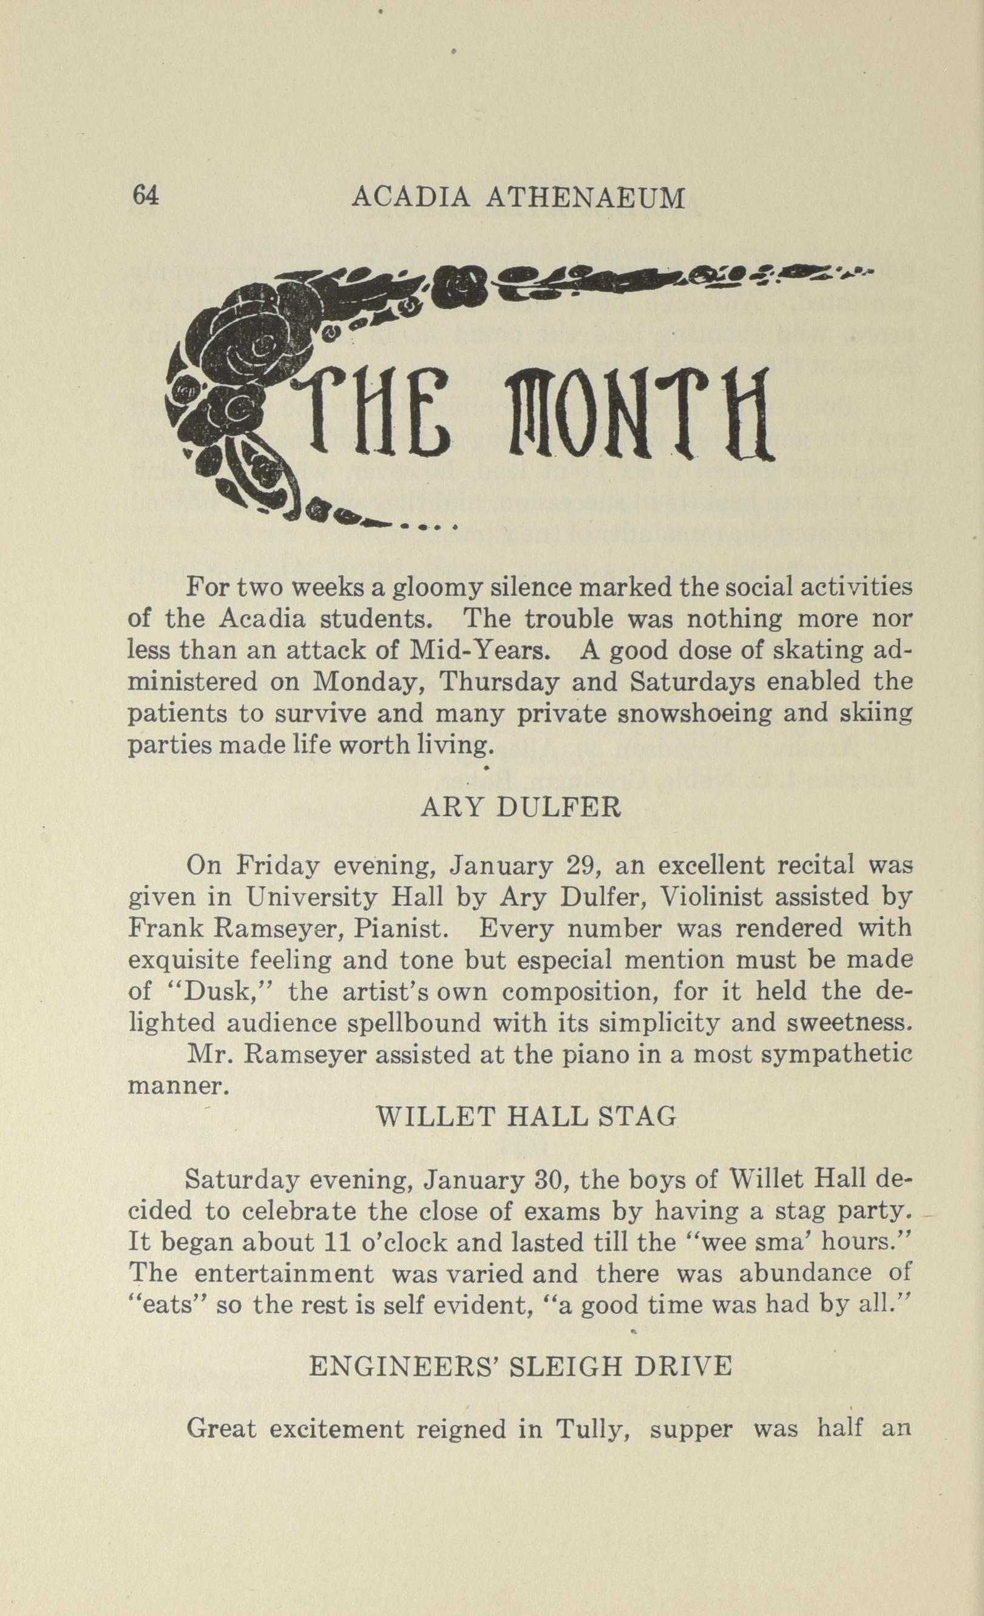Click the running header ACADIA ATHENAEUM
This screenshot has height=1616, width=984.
point(518,197)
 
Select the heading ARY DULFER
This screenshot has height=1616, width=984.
point(520,807)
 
